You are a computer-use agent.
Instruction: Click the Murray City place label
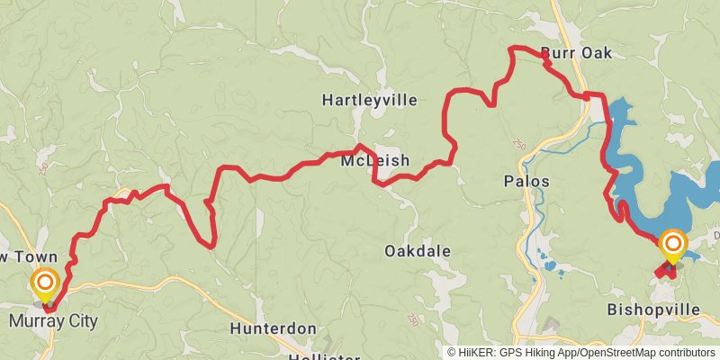(x=53, y=321)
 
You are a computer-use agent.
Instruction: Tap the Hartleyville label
(x=370, y=101)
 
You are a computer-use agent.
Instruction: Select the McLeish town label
(x=375, y=161)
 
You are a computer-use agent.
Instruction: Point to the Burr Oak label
(x=576, y=53)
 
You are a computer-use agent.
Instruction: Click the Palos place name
(x=526, y=182)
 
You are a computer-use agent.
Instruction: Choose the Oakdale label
(x=418, y=251)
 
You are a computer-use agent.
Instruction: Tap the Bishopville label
(x=653, y=310)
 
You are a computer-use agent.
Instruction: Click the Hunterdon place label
(x=273, y=328)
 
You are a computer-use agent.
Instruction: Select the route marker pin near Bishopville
(x=673, y=246)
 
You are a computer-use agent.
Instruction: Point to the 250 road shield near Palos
(x=517, y=144)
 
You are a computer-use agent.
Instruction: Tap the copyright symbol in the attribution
(x=452, y=353)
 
